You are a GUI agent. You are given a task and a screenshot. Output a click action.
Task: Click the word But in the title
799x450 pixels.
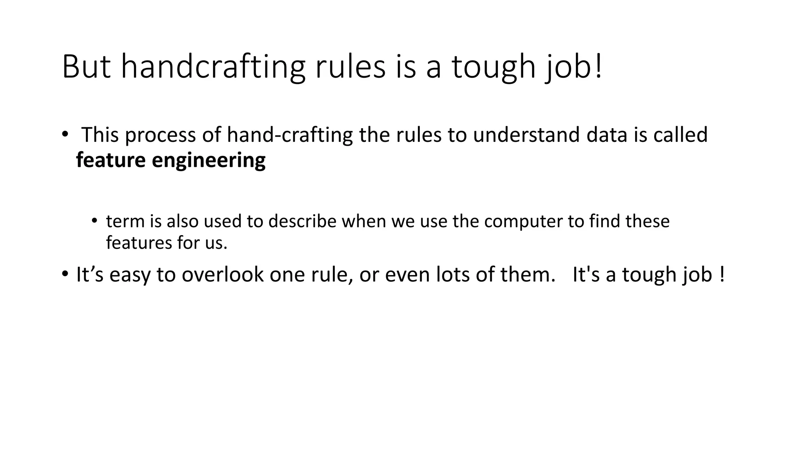tap(86, 67)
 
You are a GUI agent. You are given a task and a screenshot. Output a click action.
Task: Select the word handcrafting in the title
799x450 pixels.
tap(213, 67)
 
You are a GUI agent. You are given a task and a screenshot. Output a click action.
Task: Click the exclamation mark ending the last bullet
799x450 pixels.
tap(722, 274)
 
